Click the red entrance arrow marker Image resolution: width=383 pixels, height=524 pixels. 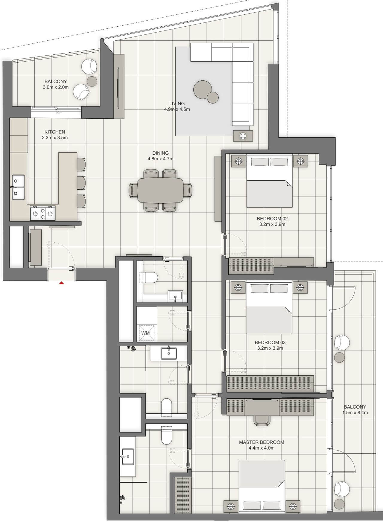pos(61,282)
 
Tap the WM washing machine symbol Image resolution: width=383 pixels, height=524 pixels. pos(145,333)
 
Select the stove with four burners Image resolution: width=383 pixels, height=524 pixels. pos(42,213)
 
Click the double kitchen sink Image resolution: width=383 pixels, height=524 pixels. pos(18,187)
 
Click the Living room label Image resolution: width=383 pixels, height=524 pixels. pos(177,104)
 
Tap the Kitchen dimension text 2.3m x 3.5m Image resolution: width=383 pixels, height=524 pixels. pos(55,138)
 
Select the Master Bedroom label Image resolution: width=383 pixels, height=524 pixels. pos(262,442)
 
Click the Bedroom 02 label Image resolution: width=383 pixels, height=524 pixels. pos(272,219)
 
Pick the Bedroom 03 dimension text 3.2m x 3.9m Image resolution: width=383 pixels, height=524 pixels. pos(270,348)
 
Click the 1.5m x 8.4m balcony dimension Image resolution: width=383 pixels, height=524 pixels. pos(355,413)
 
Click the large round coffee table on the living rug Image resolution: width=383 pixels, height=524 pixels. pos(202,89)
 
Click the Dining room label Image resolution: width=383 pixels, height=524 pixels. pos(160,153)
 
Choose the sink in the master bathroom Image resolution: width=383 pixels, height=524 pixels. pos(128,456)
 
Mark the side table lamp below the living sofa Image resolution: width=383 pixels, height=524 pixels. pos(243,136)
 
